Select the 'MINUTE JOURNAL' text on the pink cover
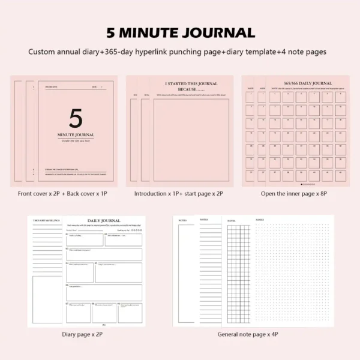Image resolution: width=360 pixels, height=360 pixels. pos(76,134)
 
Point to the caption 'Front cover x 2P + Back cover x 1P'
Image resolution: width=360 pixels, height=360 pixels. pos(62,194)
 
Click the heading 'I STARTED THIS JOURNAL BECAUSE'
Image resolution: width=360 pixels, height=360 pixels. pos(188,86)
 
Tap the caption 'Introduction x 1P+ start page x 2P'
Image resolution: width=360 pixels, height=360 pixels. pos(179,194)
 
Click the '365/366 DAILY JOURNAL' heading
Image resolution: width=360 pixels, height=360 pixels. pos(307,83)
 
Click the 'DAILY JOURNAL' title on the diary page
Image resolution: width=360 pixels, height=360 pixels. pos(104,221)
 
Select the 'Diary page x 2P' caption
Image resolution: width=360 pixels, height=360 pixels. pos(86,334)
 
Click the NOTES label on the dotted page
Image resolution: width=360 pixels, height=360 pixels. pos(260,220)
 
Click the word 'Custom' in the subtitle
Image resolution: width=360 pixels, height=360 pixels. pos(42,52)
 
